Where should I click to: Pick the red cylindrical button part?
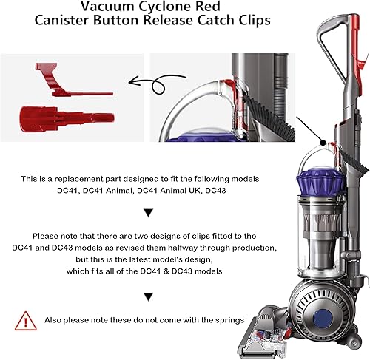[x=70, y=116]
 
